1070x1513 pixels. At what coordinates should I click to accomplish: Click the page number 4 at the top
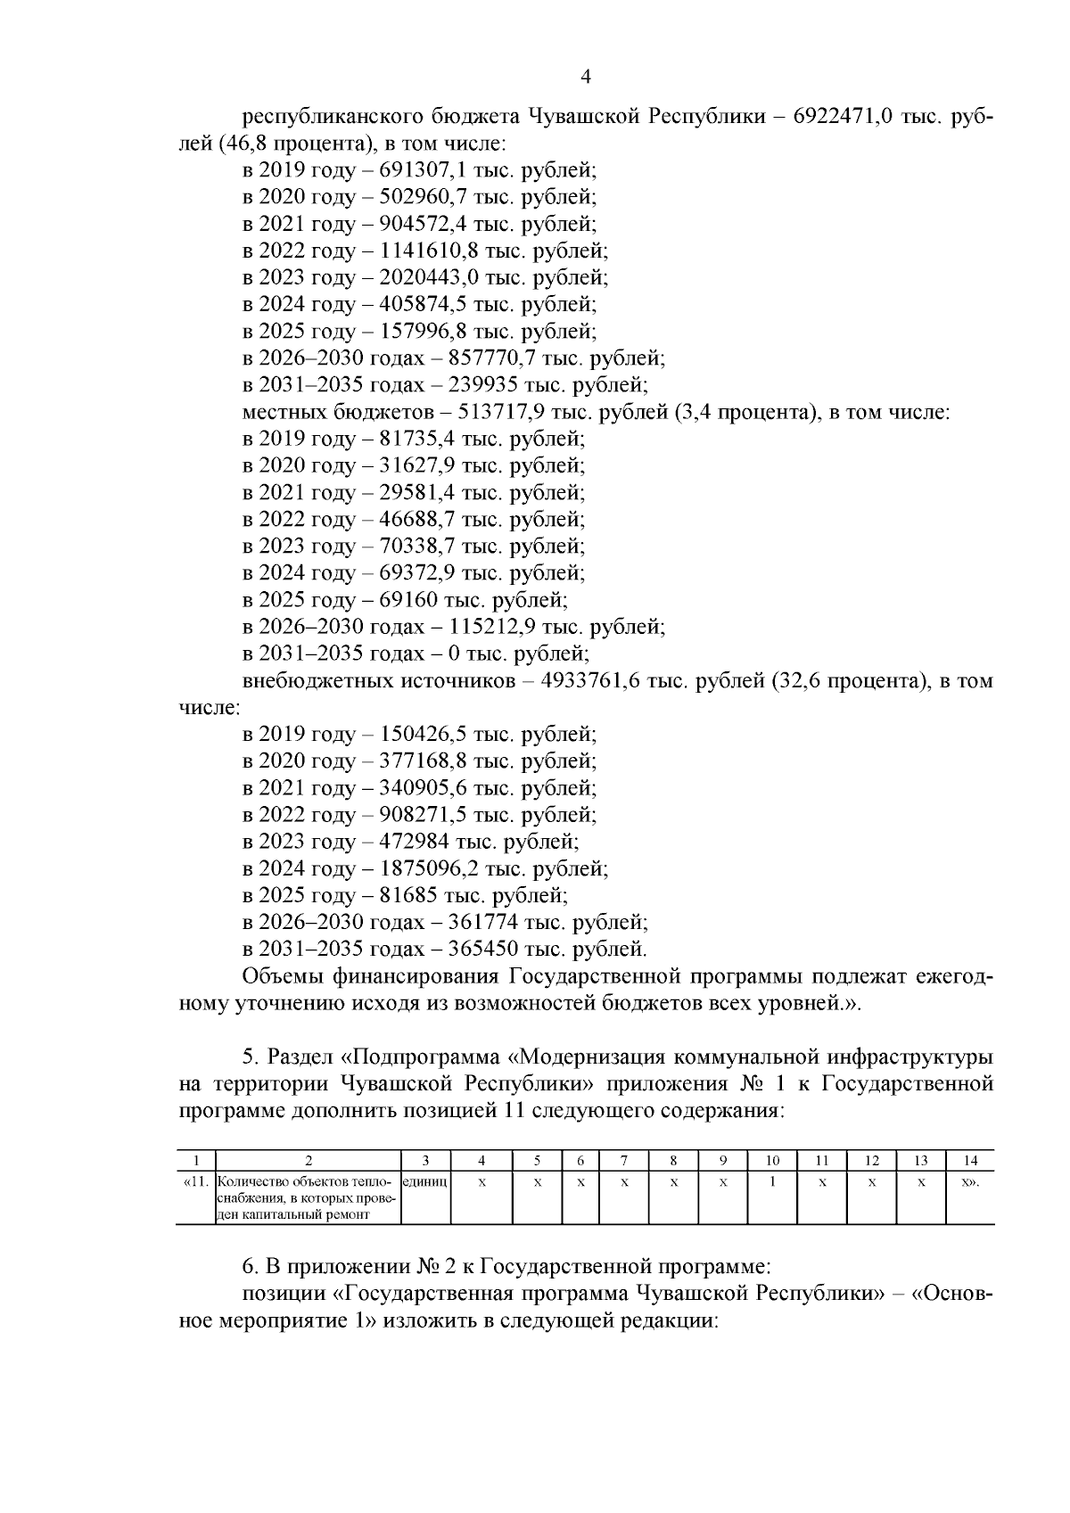586,77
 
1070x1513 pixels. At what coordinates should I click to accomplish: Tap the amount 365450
469,949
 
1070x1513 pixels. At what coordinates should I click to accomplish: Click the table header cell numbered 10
773,1160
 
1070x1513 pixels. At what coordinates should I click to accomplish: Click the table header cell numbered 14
970,1160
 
